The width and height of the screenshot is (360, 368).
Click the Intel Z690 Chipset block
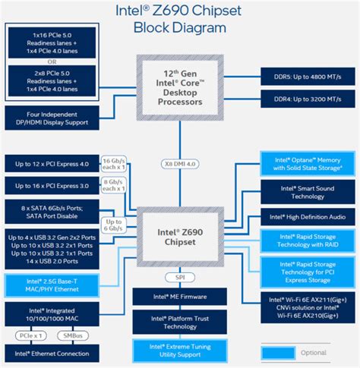click(180, 236)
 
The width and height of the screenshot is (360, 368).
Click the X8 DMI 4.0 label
click(180, 163)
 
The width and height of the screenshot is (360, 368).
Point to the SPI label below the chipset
click(180, 278)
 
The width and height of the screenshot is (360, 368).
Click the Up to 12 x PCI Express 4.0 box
click(52, 163)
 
